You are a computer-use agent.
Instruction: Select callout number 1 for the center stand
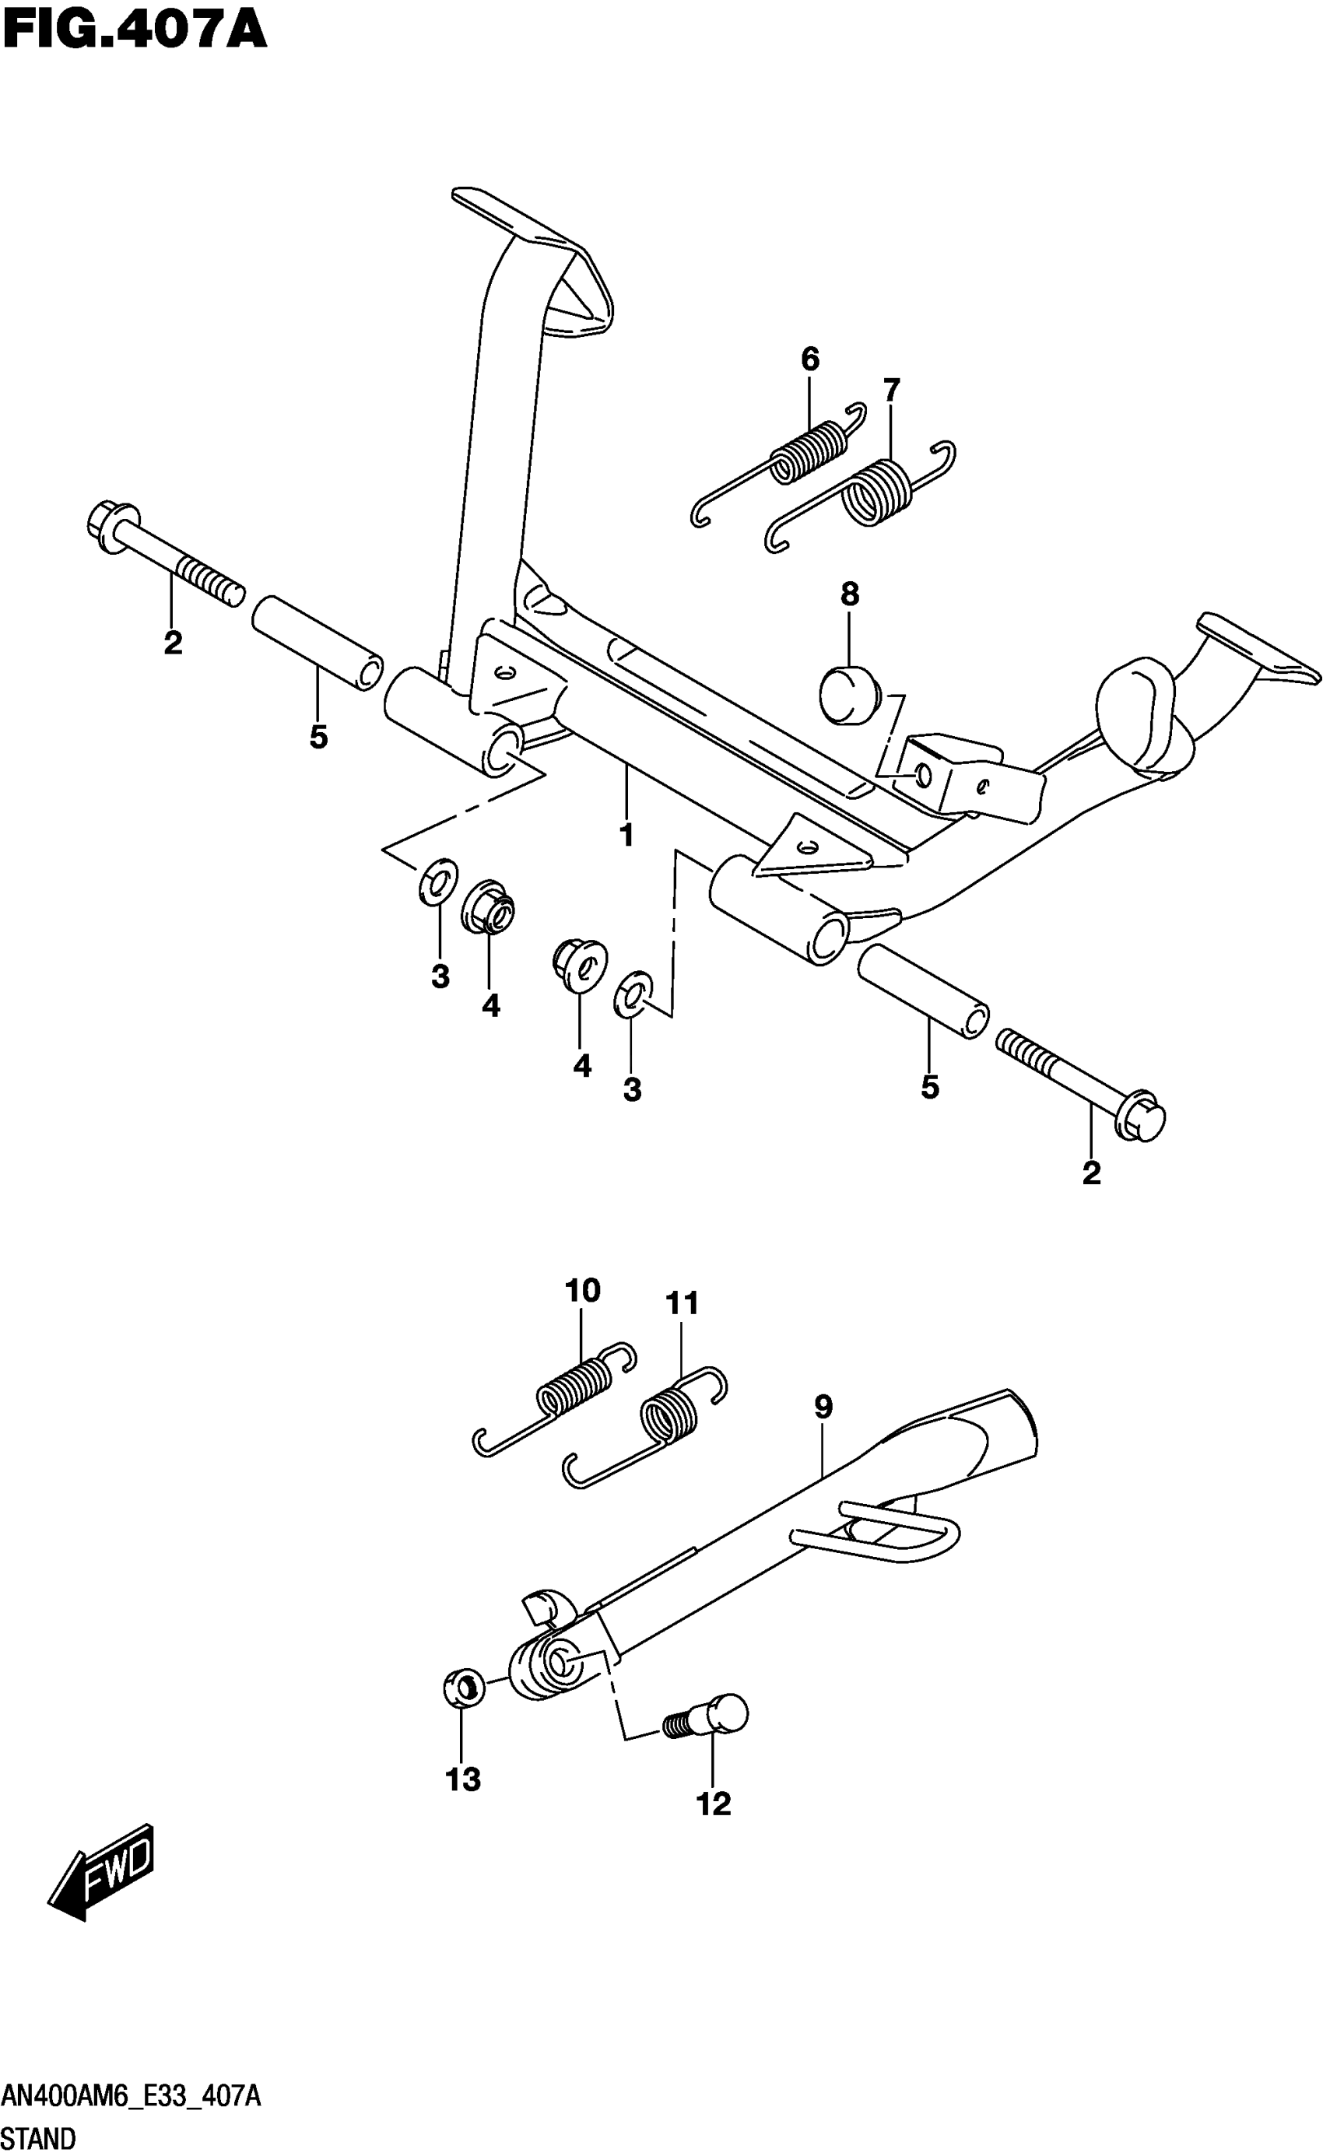[x=626, y=835]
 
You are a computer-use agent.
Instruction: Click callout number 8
[x=850, y=595]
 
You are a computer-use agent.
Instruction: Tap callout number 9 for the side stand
[x=823, y=1407]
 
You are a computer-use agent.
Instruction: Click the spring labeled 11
[x=669, y=1418]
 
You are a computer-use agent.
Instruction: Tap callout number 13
[x=463, y=1779]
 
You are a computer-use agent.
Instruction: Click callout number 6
[x=810, y=359]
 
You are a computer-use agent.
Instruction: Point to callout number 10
[x=583, y=1291]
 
